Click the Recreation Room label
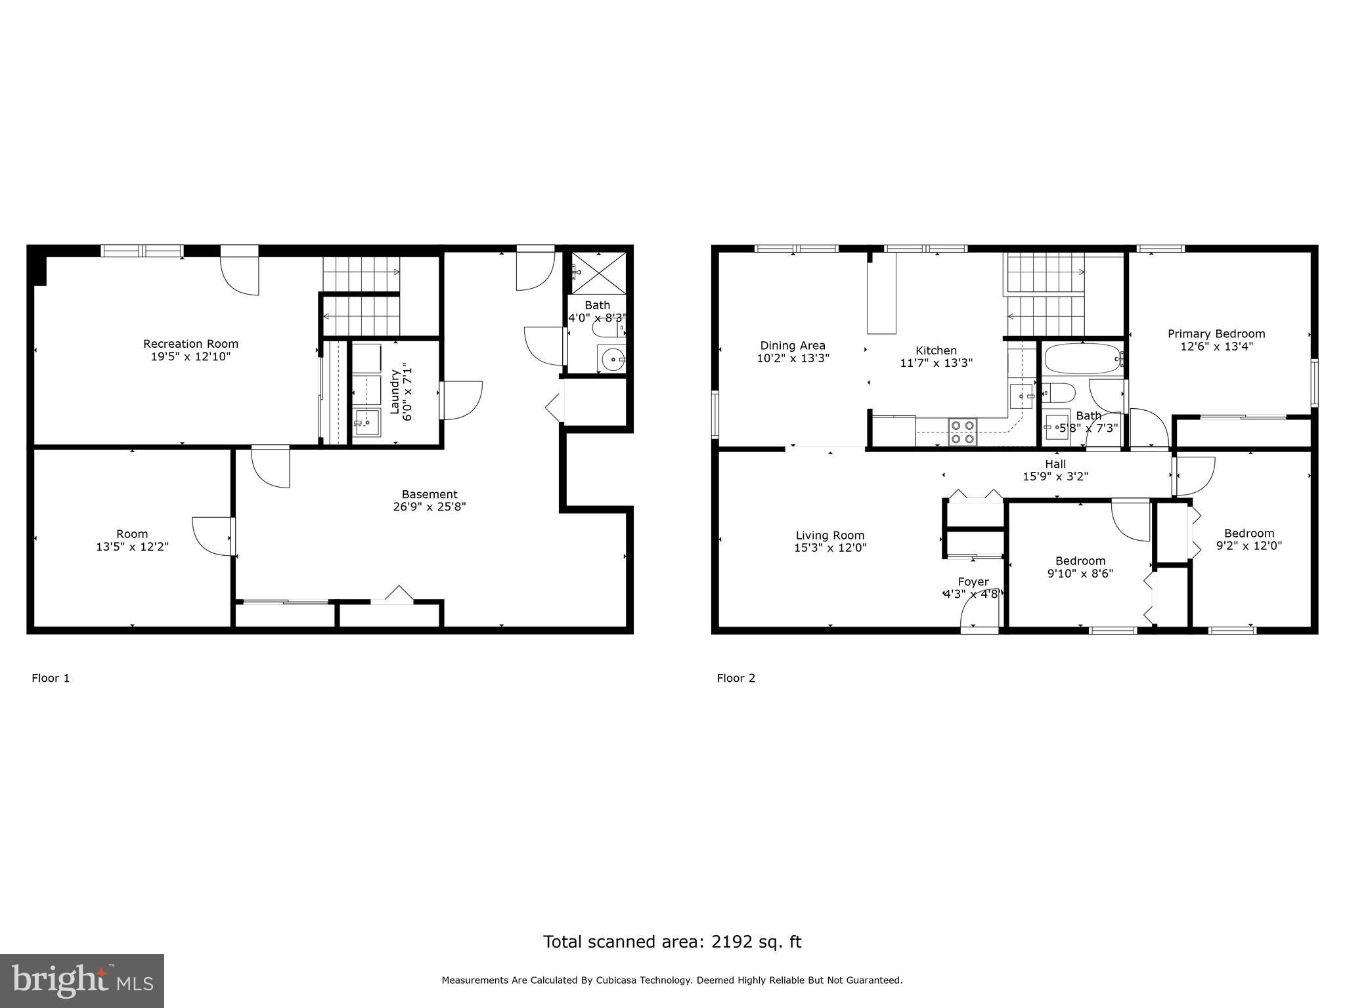(190, 344)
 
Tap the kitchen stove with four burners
(963, 432)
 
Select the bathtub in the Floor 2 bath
(1082, 359)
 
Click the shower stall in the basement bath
(598, 271)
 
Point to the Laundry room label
(395, 392)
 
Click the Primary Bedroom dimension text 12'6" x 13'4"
(1216, 346)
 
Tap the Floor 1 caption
(51, 678)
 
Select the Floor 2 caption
(736, 678)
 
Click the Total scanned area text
(672, 942)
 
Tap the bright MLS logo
(82, 980)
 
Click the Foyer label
(973, 581)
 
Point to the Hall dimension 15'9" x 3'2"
(1055, 477)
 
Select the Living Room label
(830, 535)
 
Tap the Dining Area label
(793, 346)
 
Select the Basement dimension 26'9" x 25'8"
(430, 507)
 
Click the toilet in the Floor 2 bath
(1059, 393)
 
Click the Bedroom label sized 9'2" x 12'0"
(1249, 534)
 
